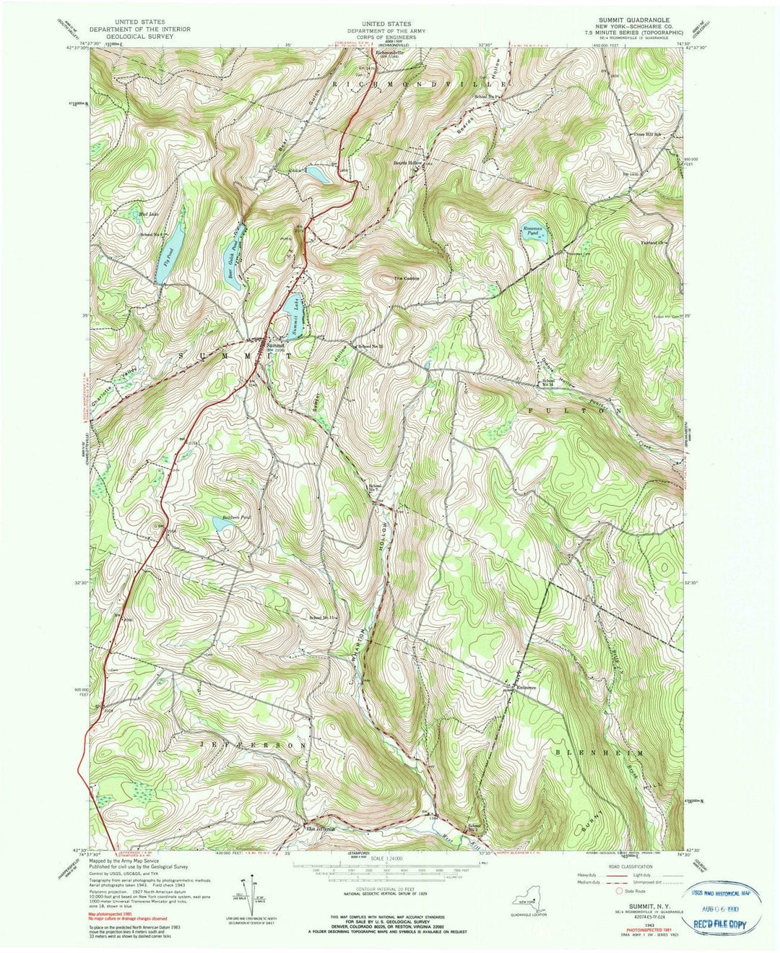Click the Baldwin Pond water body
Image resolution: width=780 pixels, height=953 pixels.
(x=221, y=524)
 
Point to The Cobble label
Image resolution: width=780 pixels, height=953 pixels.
(x=406, y=278)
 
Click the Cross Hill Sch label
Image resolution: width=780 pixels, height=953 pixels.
(x=648, y=134)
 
